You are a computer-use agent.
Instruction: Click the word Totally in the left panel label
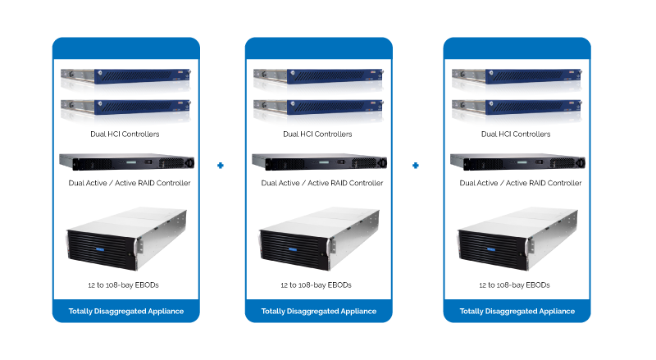[82, 312]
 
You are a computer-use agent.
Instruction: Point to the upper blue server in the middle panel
[318, 80]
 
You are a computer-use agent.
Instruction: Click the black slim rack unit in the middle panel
[318, 162]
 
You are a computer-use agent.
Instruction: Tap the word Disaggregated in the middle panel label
[315, 312]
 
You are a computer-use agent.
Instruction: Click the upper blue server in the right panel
[517, 80]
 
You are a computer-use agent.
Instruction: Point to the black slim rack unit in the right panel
[517, 162]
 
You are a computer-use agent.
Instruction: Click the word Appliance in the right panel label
[557, 312]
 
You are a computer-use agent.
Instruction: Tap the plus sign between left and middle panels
[221, 166]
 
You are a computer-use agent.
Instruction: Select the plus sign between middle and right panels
[417, 166]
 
